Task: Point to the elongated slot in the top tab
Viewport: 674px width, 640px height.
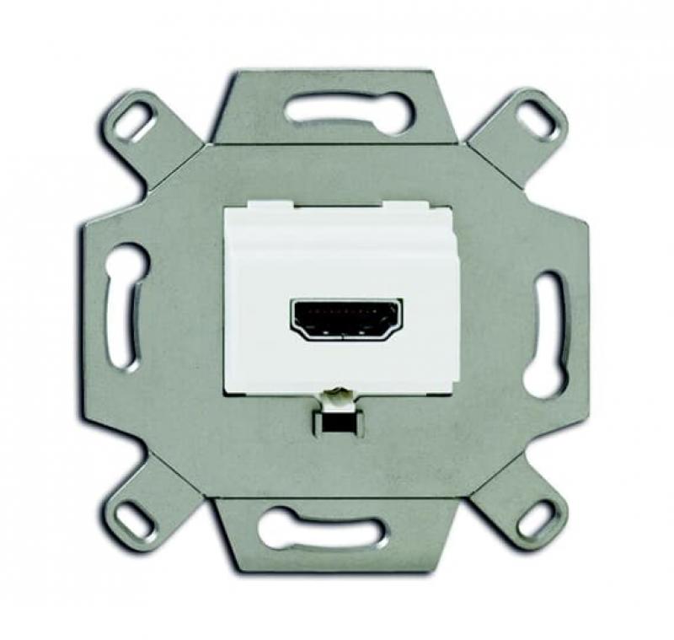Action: [x=349, y=109]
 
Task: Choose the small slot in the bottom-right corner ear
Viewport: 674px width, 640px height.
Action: [x=536, y=519]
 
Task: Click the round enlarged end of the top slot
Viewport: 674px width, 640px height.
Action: [x=396, y=110]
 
